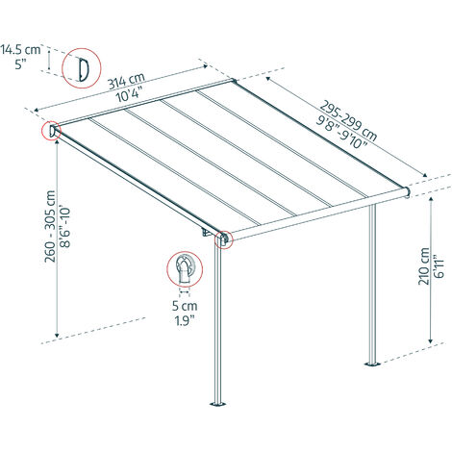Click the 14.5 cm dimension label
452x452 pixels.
(21, 50)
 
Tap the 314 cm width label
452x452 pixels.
(126, 81)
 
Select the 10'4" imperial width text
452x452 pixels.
(129, 95)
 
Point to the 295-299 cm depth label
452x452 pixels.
(348, 121)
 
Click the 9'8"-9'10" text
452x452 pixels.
(342, 132)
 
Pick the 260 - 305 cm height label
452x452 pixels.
(50, 226)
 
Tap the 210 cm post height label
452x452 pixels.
(424, 265)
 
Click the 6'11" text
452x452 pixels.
(439, 266)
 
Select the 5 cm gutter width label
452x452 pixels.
(185, 306)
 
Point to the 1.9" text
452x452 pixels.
(185, 320)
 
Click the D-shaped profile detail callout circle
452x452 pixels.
(82, 68)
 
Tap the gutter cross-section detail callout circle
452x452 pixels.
(185, 268)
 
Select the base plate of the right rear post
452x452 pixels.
(372, 364)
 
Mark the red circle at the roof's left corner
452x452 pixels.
(51, 131)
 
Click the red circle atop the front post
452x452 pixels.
(223, 239)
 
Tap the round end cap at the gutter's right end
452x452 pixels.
(408, 191)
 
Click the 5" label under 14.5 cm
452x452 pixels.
(20, 64)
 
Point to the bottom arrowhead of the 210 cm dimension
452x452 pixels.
(431, 340)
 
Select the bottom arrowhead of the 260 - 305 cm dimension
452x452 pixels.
(57, 335)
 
